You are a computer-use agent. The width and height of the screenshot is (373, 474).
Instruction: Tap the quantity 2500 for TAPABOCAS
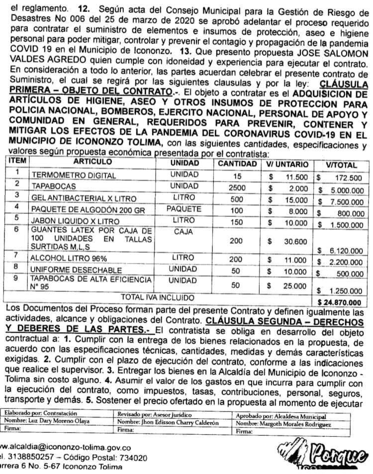point(237,188)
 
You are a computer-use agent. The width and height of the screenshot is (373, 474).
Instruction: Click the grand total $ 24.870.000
point(339,301)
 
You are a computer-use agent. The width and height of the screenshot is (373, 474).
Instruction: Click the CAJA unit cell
point(184,232)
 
